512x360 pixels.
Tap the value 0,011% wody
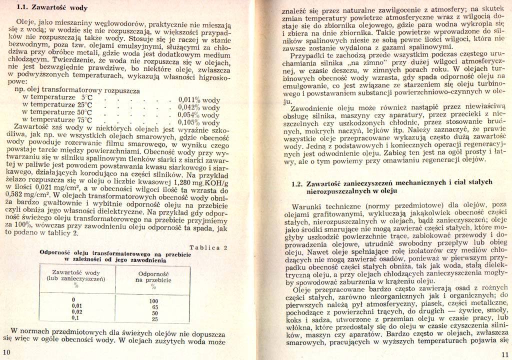(x=198, y=100)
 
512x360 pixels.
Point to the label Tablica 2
(x=210, y=247)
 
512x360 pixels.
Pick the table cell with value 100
(x=154, y=300)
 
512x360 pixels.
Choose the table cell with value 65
(x=154, y=306)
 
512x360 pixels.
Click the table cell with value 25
(x=154, y=318)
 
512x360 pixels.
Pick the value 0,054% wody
(x=198, y=115)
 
